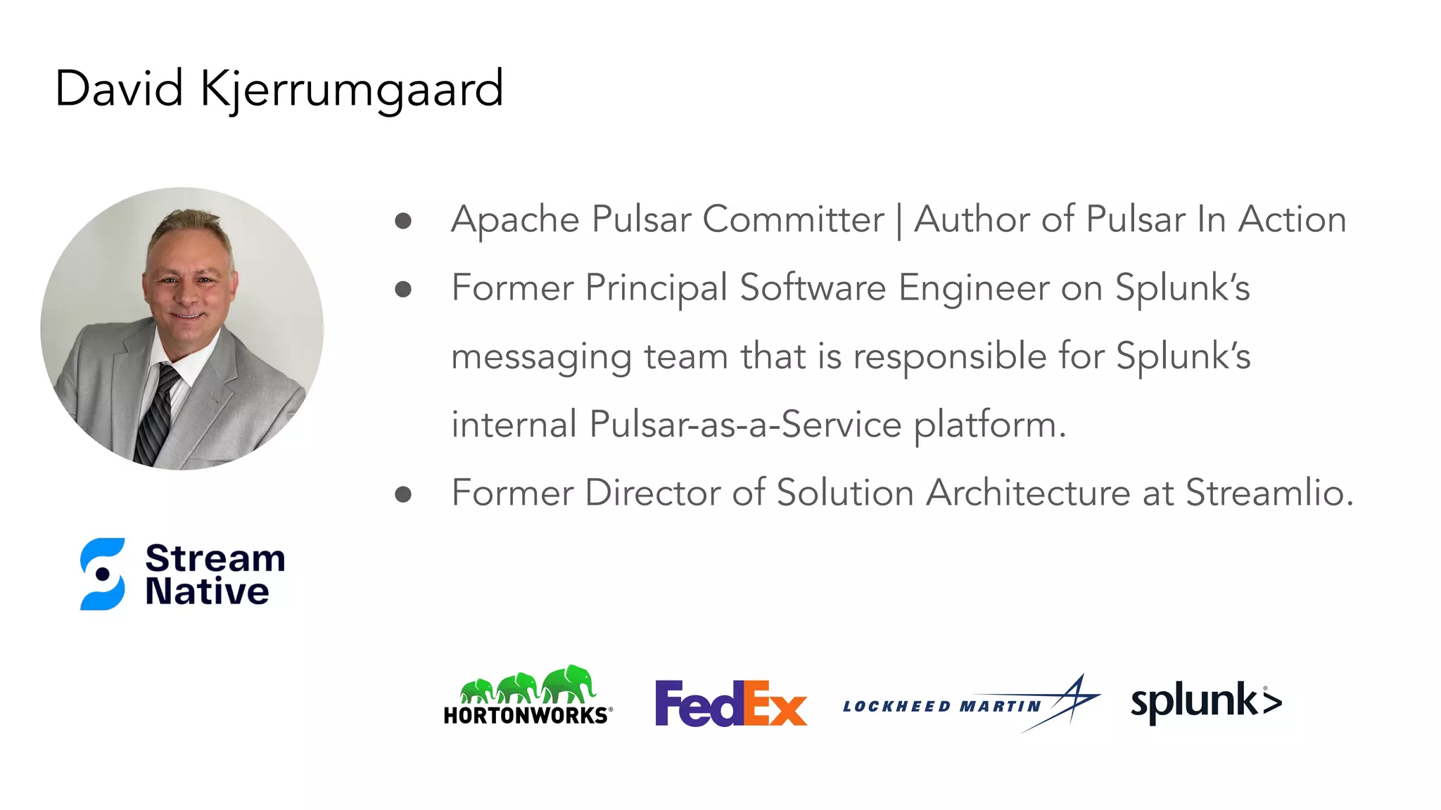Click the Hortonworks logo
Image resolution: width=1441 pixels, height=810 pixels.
click(528, 695)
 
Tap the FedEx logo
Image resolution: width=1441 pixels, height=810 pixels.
click(730, 702)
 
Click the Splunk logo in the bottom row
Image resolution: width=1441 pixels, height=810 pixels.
click(1206, 702)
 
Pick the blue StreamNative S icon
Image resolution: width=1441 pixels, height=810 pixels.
click(103, 574)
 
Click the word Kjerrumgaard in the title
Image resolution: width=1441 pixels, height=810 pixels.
click(352, 89)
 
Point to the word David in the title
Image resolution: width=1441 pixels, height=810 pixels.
click(119, 89)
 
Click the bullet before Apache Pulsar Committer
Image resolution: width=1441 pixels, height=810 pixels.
click(403, 221)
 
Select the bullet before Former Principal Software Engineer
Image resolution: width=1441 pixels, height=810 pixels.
click(403, 289)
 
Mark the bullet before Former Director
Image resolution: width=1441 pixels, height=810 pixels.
click(403, 494)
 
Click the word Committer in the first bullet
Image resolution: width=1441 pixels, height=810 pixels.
click(793, 219)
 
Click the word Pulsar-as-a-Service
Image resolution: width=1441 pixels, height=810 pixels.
click(746, 425)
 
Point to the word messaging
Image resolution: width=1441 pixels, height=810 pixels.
click(541, 356)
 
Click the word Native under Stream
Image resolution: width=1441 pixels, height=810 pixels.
click(207, 591)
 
